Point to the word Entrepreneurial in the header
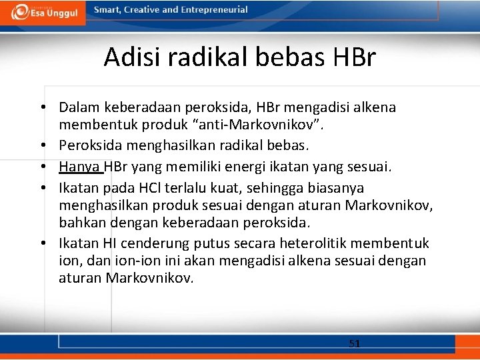point(214,10)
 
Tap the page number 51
point(355,343)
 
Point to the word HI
point(110,243)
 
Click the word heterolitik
point(319,243)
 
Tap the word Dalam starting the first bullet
point(78,107)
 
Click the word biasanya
point(337,188)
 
